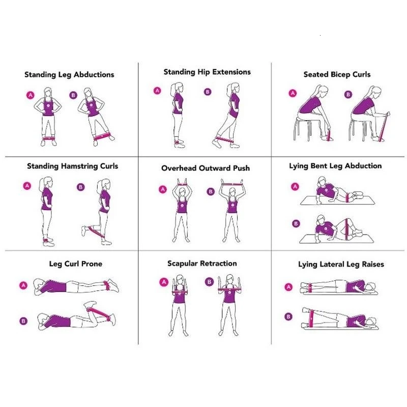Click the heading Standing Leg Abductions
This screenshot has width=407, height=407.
[69, 75]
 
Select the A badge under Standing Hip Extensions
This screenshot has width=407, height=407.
[157, 91]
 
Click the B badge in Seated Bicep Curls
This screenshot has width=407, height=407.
[348, 95]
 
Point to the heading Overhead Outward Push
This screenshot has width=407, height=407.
[206, 168]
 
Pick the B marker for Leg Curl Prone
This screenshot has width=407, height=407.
[23, 321]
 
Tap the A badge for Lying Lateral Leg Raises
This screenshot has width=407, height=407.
[288, 287]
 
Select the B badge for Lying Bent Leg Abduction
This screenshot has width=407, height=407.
[296, 223]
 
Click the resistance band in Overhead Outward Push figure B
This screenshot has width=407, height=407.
[231, 184]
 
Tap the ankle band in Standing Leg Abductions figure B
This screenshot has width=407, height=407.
[102, 136]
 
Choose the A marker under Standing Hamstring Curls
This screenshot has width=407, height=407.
[27, 186]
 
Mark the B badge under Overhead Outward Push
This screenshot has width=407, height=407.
[211, 192]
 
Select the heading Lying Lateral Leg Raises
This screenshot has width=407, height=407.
[341, 264]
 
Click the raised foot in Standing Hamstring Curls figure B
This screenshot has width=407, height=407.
[83, 231]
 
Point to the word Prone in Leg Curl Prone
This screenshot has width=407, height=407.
[92, 264]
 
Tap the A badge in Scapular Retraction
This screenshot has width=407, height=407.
[164, 282]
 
